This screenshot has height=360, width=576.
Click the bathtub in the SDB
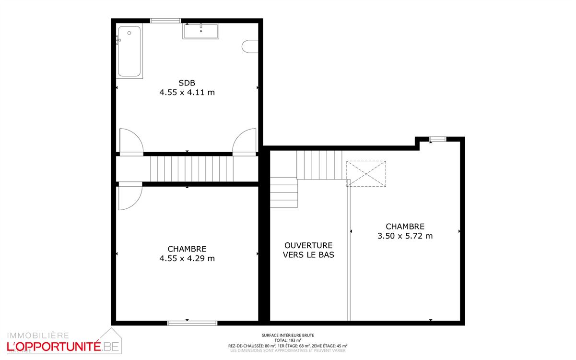point(129,51)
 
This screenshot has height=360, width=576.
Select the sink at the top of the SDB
point(200,31)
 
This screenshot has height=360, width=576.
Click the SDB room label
point(187,83)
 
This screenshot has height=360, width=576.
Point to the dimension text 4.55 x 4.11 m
point(187,92)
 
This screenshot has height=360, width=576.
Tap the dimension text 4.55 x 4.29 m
point(187,258)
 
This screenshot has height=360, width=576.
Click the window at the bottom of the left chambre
point(192,323)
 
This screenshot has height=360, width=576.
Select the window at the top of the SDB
point(165,21)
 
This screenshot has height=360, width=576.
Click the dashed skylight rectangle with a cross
point(366,174)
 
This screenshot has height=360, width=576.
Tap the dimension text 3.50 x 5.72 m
point(405,236)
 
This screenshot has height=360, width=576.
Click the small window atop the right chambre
point(437,139)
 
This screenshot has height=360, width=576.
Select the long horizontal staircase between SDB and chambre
point(192,168)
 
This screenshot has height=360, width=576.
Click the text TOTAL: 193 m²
point(288,340)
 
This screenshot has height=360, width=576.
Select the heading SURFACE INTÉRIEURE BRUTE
point(288,336)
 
